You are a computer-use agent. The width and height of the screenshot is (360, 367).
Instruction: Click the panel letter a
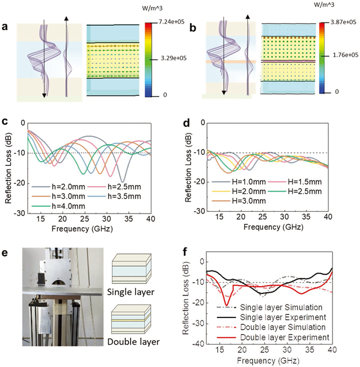pyautogui.click(x=6, y=26)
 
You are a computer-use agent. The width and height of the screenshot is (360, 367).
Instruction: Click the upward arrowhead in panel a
pyautogui.click(x=66, y=18)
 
